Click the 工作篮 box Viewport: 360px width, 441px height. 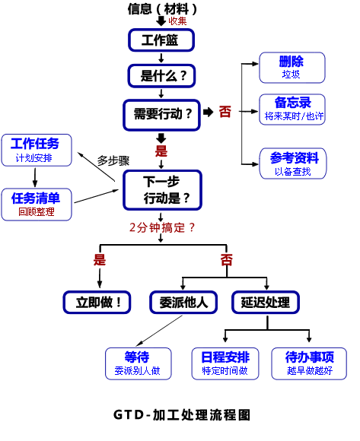click(x=161, y=40)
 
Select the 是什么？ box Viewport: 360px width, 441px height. click(x=161, y=76)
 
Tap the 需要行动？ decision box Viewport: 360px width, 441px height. click(x=161, y=115)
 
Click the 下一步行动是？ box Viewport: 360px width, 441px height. click(x=162, y=190)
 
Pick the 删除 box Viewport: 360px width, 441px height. click(x=292, y=68)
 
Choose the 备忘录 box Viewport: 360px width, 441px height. click(x=292, y=109)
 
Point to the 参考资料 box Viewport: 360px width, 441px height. click(x=293, y=163)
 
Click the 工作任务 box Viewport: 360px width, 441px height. click(x=37, y=151)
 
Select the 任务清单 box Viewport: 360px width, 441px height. click(x=37, y=205)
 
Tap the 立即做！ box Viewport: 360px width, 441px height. click(x=97, y=303)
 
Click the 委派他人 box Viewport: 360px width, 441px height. click(x=183, y=303)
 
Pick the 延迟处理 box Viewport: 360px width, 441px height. click(x=266, y=303)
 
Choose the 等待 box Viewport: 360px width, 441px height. click(x=139, y=363)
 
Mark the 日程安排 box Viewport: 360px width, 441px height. click(x=225, y=363)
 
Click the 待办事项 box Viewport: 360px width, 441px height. click(x=309, y=363)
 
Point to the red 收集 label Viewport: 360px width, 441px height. click(x=177, y=21)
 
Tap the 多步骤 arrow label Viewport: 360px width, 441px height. click(x=113, y=160)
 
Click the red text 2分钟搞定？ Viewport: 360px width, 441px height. click(x=162, y=227)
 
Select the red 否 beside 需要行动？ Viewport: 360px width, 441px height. click(x=225, y=112)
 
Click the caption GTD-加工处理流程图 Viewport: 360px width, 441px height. click(x=182, y=415)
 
